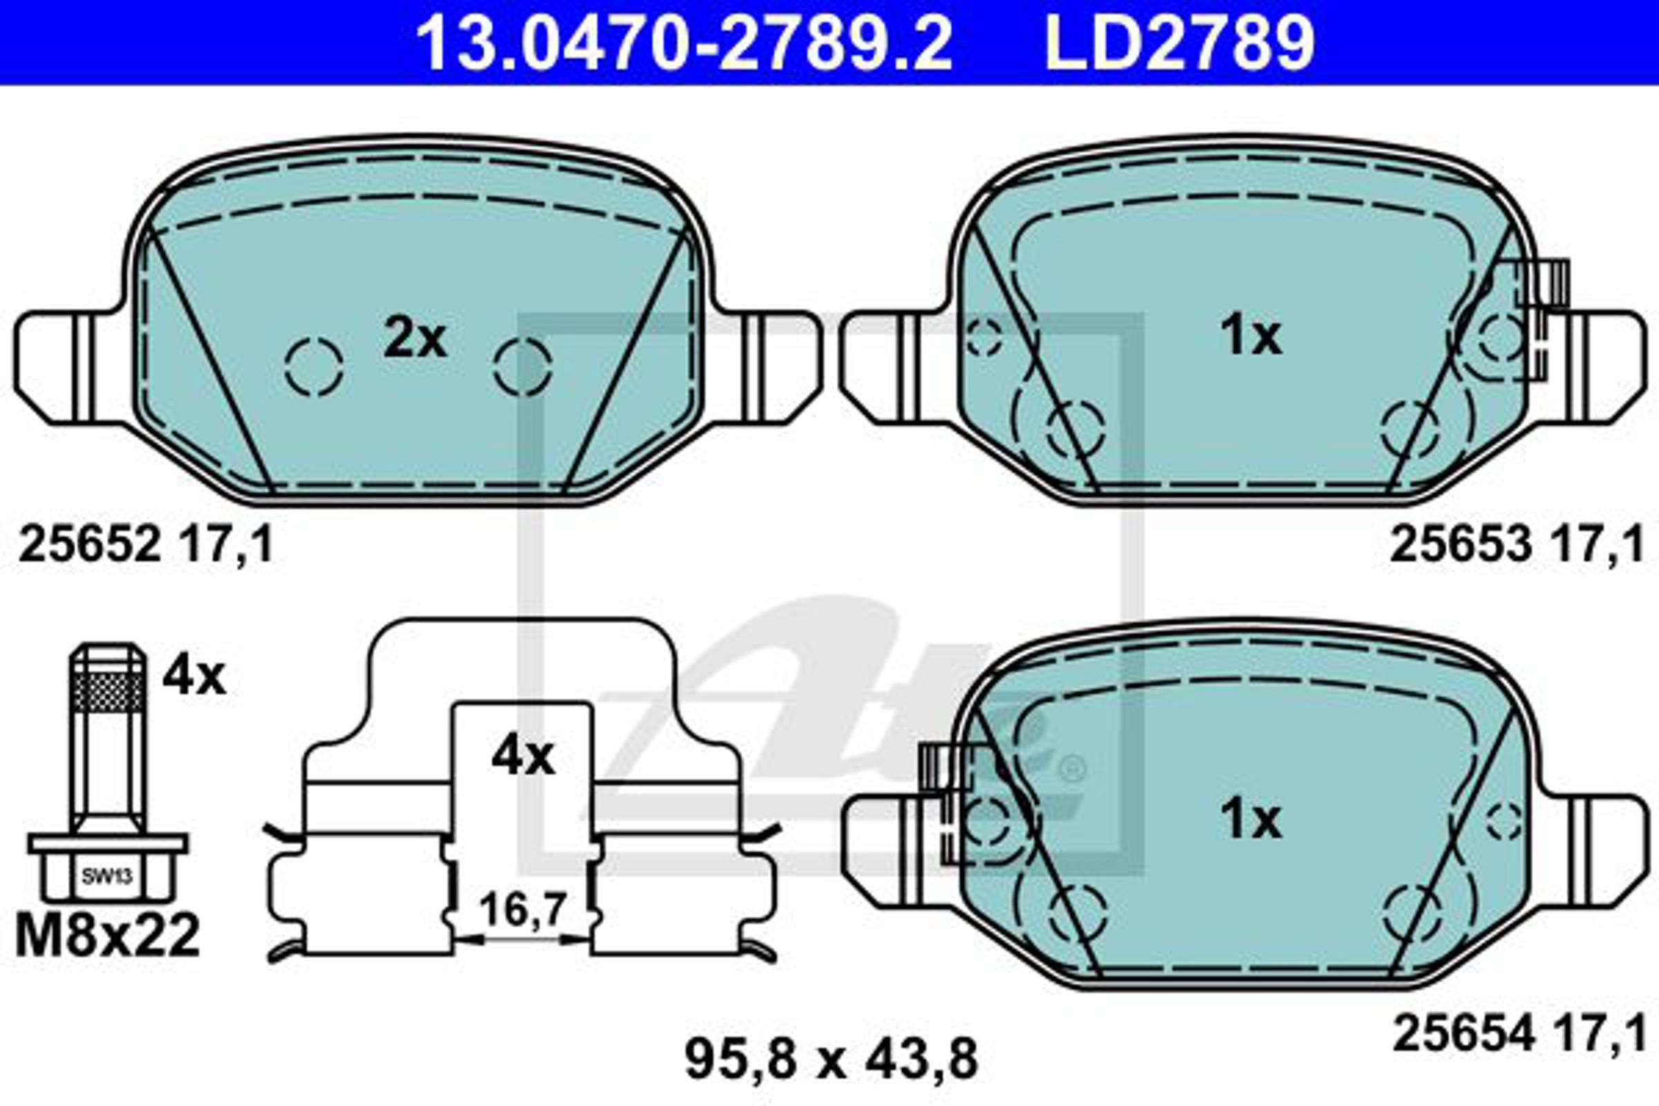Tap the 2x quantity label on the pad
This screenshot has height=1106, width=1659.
pos(415,339)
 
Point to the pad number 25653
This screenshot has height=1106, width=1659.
pos(1461,545)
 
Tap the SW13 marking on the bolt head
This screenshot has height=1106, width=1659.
pos(107,877)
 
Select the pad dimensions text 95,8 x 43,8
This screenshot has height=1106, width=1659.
pos(831,1058)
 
